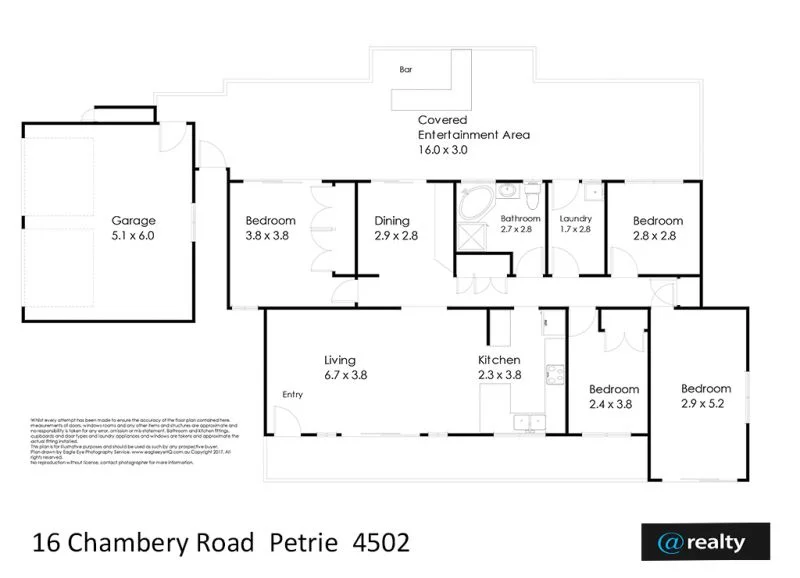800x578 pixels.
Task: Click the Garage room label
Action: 133,221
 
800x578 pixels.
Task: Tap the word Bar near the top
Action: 406,70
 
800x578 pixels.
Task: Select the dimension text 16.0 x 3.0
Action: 443,149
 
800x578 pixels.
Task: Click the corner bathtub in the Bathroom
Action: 474,199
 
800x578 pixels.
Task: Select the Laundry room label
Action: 577,219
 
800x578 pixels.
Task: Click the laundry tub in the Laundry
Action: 593,189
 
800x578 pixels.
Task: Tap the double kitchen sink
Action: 526,422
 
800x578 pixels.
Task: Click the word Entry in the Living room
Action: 292,394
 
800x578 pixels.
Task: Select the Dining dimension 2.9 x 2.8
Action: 396,235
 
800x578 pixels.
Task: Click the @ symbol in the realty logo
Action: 669,542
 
